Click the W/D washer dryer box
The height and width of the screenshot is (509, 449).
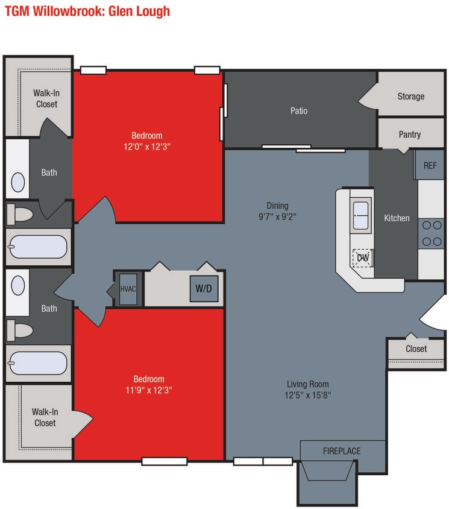pyautogui.click(x=204, y=288)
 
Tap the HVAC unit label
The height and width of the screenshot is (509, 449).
pyautogui.click(x=128, y=288)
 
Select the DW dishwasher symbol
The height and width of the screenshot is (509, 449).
pyautogui.click(x=362, y=258)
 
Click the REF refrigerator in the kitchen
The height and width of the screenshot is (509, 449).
pyautogui.click(x=430, y=165)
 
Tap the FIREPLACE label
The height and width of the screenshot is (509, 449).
pyautogui.click(x=342, y=451)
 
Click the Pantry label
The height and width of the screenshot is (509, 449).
pyautogui.click(x=410, y=134)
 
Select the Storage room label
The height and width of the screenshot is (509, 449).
pyautogui.click(x=410, y=96)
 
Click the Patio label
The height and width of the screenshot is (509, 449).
pyautogui.click(x=299, y=110)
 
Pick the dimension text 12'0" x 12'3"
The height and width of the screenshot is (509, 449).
pyautogui.click(x=147, y=146)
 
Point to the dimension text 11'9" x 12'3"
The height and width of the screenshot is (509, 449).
pyautogui.click(x=148, y=390)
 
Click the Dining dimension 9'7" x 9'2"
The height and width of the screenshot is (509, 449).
pyautogui.click(x=278, y=216)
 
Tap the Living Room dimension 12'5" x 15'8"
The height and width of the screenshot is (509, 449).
pyautogui.click(x=307, y=395)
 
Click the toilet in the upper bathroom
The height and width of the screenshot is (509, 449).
pyautogui.click(x=22, y=214)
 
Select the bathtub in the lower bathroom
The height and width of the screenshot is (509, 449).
pyautogui.click(x=37, y=364)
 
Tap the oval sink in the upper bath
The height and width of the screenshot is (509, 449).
pyautogui.click(x=19, y=182)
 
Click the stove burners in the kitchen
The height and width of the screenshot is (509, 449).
pyautogui.click(x=431, y=233)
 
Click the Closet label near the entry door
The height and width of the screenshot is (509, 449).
pyautogui.click(x=416, y=349)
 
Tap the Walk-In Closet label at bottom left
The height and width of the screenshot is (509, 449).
pyautogui.click(x=45, y=417)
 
